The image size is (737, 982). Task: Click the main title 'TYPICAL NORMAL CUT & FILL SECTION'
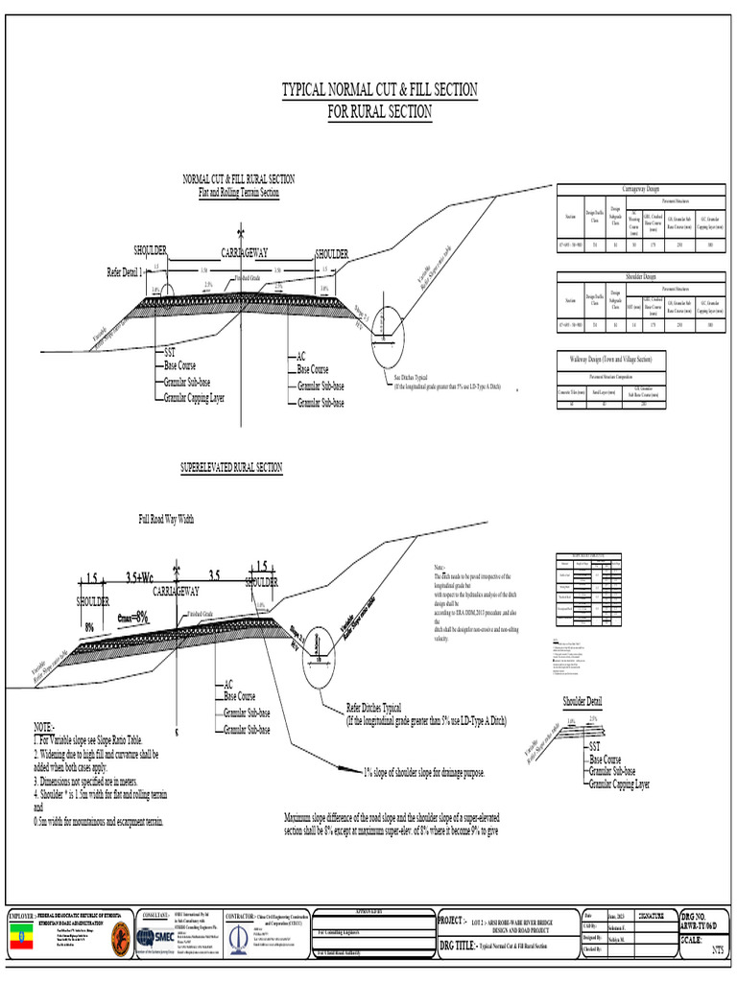[x=379, y=90]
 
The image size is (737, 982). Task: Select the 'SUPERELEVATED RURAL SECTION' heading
[x=231, y=467]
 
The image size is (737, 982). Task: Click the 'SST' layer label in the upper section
[x=170, y=353]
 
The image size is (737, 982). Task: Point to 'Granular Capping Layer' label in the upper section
[x=194, y=396]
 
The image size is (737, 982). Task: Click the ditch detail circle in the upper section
[x=387, y=335]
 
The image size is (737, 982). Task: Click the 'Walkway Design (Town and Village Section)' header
[x=610, y=359]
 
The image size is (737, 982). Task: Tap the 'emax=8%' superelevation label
[x=132, y=616]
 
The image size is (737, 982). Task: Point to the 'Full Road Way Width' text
[x=166, y=519]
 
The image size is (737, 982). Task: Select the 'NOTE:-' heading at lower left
[x=44, y=728]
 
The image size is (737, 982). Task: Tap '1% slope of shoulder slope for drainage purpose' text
[x=423, y=772]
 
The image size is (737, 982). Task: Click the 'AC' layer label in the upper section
[x=301, y=356]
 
